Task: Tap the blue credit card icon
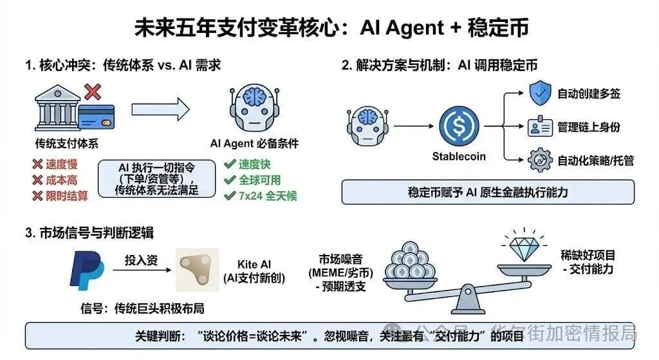click(97, 117)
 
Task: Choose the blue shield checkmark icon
click(539, 94)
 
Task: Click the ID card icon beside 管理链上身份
click(539, 127)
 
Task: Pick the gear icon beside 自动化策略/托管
click(539, 160)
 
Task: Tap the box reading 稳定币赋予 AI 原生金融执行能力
click(487, 191)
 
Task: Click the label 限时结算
click(60, 196)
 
